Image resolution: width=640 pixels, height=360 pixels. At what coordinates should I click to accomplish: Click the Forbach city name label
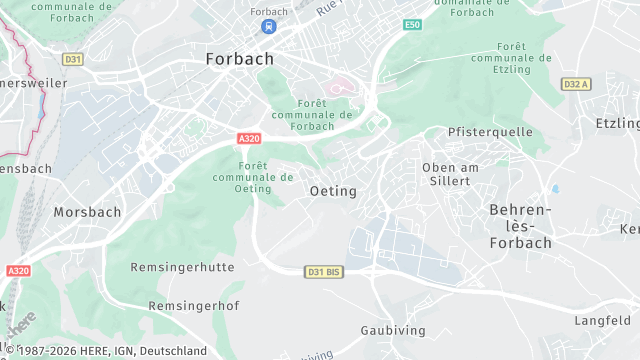(x=239, y=58)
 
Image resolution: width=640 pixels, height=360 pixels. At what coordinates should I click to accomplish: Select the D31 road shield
(x=72, y=59)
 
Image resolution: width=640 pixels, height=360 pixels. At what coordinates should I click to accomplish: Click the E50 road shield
(x=412, y=24)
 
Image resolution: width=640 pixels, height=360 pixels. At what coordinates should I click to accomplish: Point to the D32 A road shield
(x=576, y=84)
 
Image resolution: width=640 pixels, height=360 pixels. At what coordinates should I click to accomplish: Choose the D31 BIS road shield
(x=324, y=271)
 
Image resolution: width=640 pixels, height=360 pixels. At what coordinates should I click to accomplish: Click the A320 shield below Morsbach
(x=18, y=270)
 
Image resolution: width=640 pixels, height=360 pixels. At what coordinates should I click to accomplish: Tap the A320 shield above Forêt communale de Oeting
(x=250, y=138)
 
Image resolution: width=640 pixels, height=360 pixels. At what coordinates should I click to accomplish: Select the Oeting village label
(x=333, y=190)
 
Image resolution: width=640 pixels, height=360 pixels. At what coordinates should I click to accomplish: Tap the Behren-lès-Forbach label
(x=520, y=226)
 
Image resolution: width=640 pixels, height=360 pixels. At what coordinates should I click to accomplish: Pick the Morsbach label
(x=87, y=212)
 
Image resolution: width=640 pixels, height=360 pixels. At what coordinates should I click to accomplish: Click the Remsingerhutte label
(x=182, y=267)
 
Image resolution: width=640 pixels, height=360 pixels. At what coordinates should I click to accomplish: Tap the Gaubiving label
(x=393, y=330)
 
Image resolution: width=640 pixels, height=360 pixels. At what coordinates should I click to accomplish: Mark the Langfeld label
(x=602, y=320)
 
